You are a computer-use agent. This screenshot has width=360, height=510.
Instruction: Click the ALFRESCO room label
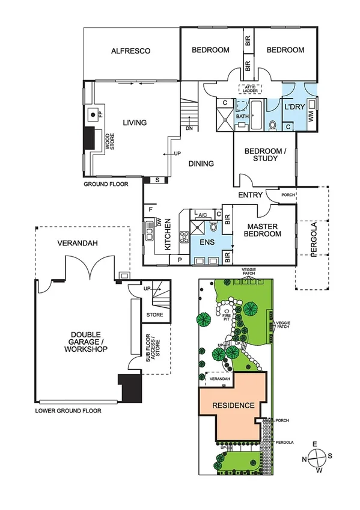(130, 51)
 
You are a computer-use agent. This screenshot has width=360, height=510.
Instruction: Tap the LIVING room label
(135, 123)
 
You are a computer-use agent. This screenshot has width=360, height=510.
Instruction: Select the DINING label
(202, 163)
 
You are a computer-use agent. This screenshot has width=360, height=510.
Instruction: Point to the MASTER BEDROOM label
(264, 230)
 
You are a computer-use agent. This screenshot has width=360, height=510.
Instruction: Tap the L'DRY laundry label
(294, 106)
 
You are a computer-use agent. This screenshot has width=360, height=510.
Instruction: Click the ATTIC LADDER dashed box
(251, 88)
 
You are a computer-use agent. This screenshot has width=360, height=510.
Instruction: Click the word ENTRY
(250, 195)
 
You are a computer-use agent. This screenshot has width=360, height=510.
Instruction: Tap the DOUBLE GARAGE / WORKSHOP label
(81, 343)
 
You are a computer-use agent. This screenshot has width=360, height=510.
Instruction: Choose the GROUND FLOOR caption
(106, 185)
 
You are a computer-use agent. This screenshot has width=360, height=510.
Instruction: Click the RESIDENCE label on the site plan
(234, 405)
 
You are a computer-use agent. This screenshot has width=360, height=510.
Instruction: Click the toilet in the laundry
(272, 125)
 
